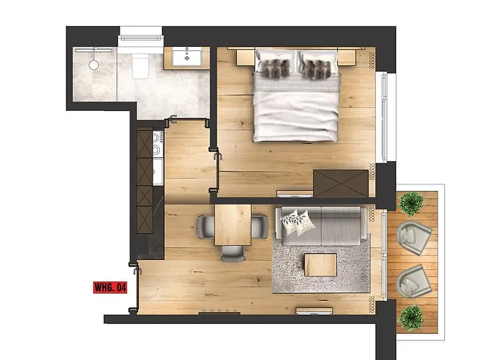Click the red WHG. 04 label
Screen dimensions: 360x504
(x=110, y=288)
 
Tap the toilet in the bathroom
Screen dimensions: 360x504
(x=141, y=66)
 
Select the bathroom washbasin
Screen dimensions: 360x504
(x=190, y=57)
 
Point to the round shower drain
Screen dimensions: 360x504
(x=93, y=64)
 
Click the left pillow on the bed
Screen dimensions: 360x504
(x=273, y=67)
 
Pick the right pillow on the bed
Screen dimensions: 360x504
(x=318, y=67)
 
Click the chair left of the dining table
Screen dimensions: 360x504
(x=205, y=226)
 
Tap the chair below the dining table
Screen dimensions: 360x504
(x=233, y=251)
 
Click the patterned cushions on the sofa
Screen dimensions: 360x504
(x=296, y=222)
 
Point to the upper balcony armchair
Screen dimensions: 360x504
(x=414, y=234)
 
